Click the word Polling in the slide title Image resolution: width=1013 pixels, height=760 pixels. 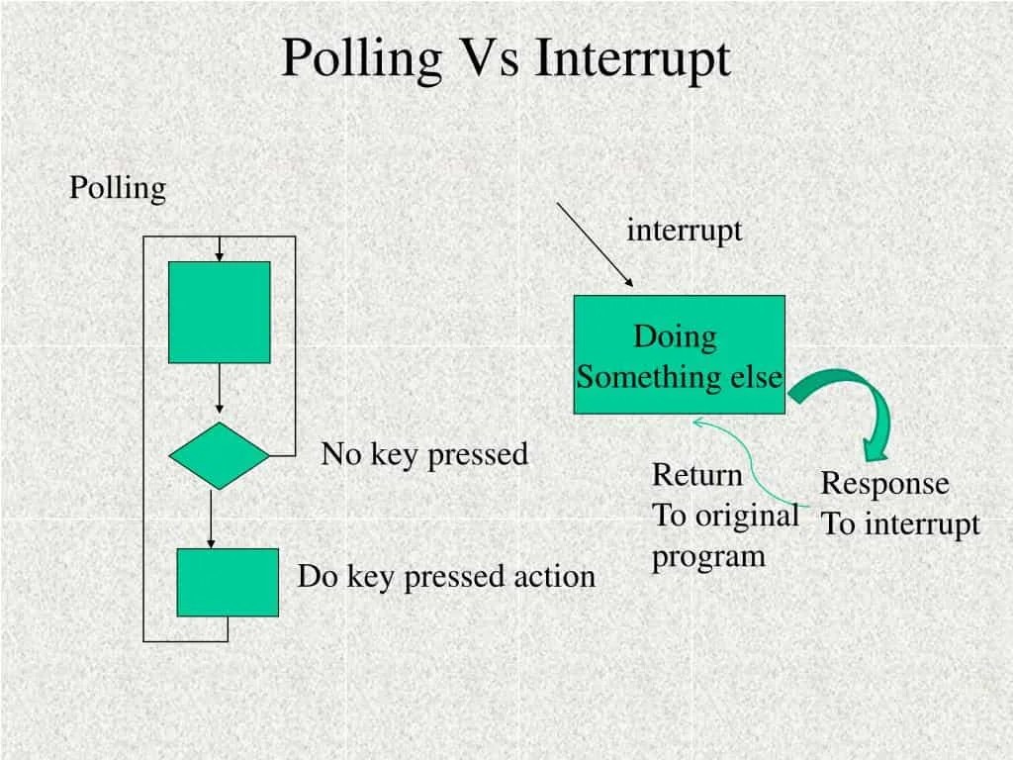pos(361,58)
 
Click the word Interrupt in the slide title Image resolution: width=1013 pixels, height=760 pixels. pos(633,58)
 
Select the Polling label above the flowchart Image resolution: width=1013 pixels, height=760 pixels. pos(117,188)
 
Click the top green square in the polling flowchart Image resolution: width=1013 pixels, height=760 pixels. pos(219,312)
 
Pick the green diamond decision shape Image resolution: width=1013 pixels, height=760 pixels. pos(219,456)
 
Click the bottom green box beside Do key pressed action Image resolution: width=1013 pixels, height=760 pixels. pos(228,582)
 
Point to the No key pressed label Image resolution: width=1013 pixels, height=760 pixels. pos(424,454)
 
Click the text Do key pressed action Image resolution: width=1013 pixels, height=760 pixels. pos(446,576)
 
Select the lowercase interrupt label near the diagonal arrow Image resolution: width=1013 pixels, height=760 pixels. pos(684,231)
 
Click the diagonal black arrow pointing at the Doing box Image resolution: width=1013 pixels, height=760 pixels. pos(594,243)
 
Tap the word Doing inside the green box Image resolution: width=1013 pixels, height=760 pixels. pos(675,336)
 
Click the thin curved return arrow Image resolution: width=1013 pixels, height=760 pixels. pos(757,465)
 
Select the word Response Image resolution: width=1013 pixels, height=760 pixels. pos(884,484)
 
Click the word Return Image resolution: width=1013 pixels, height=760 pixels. pos(696,475)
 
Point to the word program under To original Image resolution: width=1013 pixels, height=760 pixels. pos(708,556)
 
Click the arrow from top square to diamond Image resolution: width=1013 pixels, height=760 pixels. pos(219,391)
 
